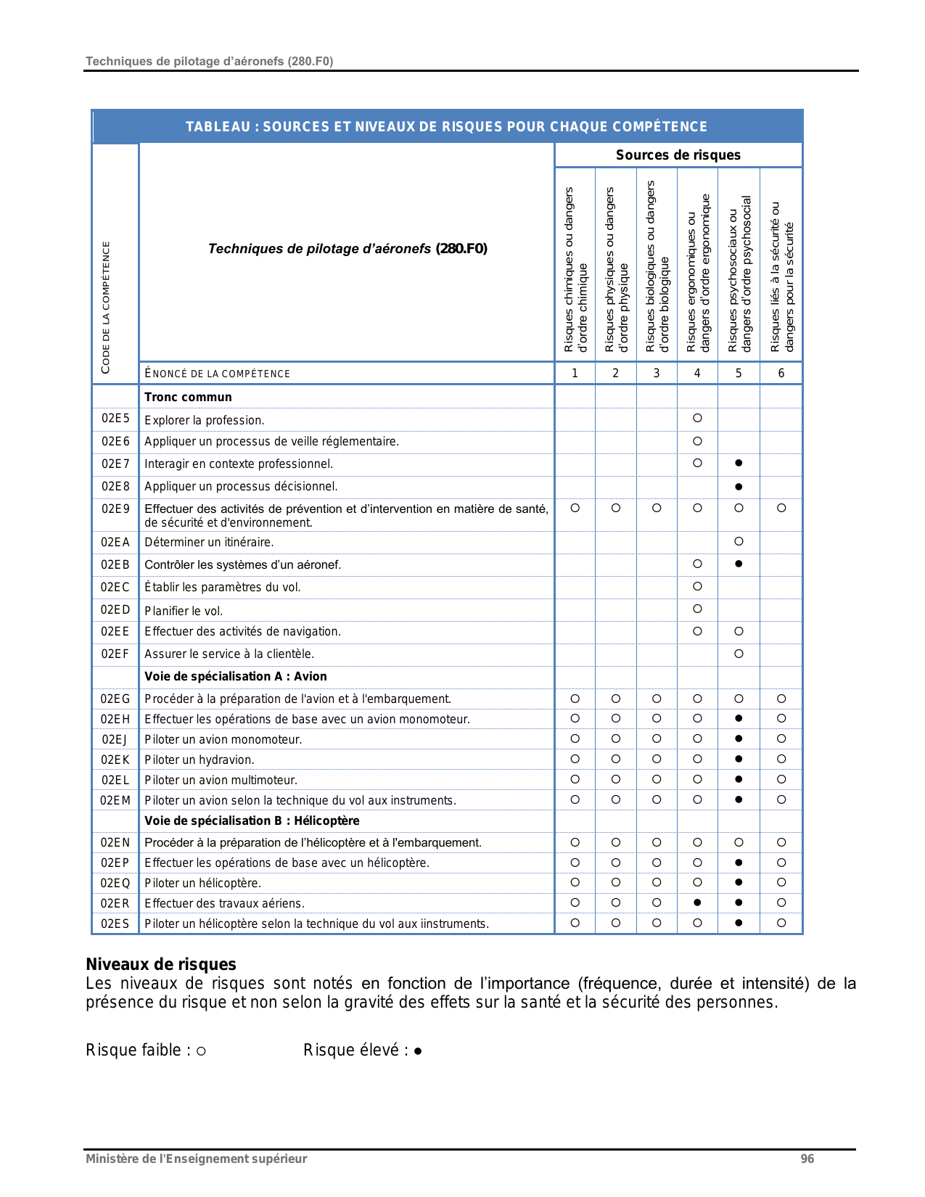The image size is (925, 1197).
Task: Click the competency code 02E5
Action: click(x=115, y=419)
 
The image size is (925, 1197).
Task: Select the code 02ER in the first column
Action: click(x=115, y=903)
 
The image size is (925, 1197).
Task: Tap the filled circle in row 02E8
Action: click(x=739, y=486)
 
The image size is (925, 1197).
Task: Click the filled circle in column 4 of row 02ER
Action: click(x=697, y=902)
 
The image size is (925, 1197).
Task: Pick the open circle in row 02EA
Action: click(x=739, y=541)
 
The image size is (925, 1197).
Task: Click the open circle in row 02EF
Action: click(x=739, y=654)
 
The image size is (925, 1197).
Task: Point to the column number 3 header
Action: click(x=657, y=373)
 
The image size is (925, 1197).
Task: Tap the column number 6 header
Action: click(x=781, y=373)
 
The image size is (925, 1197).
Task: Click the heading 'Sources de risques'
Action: click(x=678, y=155)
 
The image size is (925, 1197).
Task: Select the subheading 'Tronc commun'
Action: click(x=188, y=397)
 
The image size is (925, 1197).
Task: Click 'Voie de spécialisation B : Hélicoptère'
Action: click(x=252, y=820)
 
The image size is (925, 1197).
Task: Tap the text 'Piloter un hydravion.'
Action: click(x=200, y=760)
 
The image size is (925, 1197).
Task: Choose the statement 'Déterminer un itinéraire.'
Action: click(x=209, y=542)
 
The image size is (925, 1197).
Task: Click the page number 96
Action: click(x=807, y=1159)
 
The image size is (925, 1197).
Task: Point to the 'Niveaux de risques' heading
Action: click(x=161, y=964)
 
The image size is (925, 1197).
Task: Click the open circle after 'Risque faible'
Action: click(x=201, y=1051)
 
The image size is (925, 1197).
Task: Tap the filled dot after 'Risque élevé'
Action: click(x=418, y=1051)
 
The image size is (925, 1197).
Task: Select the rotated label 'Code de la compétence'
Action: click(x=106, y=308)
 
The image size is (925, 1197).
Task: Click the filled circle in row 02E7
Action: click(x=739, y=463)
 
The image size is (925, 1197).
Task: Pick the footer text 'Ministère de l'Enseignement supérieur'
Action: click(x=196, y=1159)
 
